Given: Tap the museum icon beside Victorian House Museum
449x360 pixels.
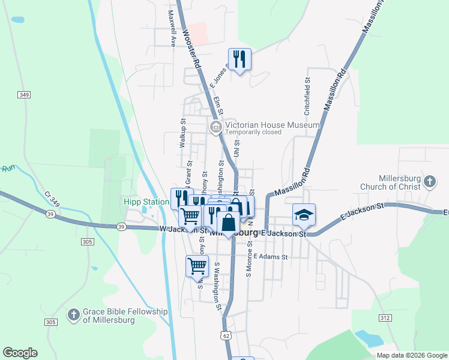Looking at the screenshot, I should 215,127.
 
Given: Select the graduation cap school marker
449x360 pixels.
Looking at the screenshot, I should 304,214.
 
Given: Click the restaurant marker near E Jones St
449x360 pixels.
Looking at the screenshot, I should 240,59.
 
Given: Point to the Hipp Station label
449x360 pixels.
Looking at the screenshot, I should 146,202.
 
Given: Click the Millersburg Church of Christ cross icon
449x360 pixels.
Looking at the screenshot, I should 429,181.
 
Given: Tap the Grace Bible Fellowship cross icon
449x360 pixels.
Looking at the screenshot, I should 73,314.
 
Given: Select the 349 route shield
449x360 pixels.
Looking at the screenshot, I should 24,95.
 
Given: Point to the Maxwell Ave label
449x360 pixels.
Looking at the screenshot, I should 172,29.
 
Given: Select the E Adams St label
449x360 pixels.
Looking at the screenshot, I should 271,257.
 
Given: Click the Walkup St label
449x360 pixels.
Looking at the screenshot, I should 183,133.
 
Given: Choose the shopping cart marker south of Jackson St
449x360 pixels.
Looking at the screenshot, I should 197,266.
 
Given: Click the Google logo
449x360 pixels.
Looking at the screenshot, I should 20,353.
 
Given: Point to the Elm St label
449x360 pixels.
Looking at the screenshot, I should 218,106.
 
